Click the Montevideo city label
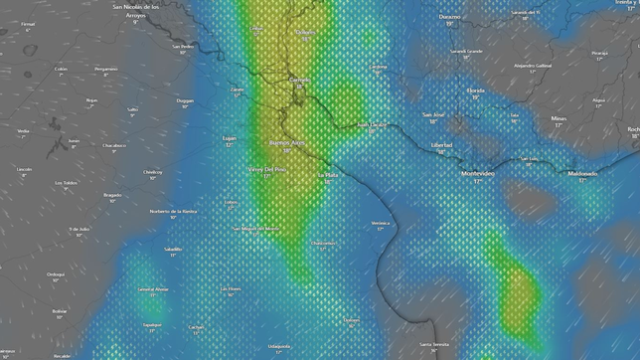[478, 174]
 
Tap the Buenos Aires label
[287, 143]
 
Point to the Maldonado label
[582, 173]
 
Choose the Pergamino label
[105, 69]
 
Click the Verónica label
[380, 224]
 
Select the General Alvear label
[153, 289]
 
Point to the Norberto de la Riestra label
[173, 211]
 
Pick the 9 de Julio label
[80, 229]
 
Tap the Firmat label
[27, 23]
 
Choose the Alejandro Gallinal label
[532, 66]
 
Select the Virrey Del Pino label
[266, 169]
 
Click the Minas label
[559, 118]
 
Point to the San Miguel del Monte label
[255, 228]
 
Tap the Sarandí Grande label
[466, 51]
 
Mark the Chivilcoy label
[152, 171]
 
